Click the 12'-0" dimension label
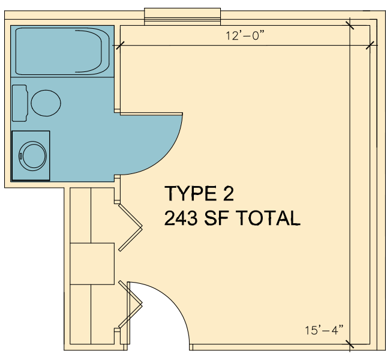click(245, 35)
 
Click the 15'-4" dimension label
click(324, 330)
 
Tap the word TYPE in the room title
click(191, 193)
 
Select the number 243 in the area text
click(181, 218)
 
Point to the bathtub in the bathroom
click(62, 51)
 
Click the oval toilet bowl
click(46, 103)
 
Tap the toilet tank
click(20, 103)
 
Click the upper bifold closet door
click(130, 227)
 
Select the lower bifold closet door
click(130, 304)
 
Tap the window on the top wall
click(182, 17)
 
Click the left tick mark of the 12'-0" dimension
click(121, 45)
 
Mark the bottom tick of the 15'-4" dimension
click(350, 344)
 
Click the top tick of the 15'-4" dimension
click(350, 25)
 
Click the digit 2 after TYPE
click(229, 193)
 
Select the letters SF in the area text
click(217, 218)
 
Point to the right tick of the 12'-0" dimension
click(370, 45)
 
